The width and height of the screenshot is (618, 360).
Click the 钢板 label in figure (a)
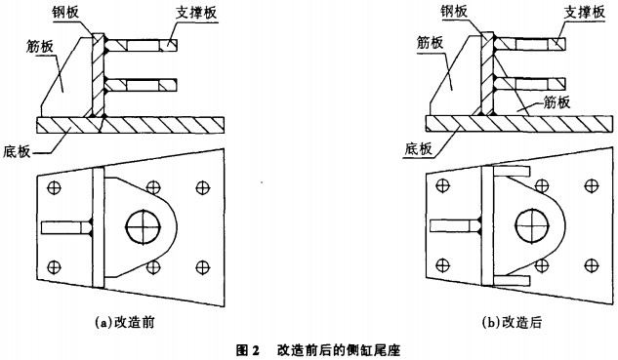(x=65, y=12)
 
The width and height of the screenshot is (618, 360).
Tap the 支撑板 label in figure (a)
(x=196, y=13)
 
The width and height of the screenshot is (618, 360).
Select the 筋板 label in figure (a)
(x=40, y=47)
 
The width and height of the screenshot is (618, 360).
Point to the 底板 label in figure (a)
(x=17, y=151)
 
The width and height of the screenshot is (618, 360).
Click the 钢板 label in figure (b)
(x=454, y=12)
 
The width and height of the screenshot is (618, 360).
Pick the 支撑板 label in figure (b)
(x=585, y=13)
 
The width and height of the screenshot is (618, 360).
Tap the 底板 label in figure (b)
(x=419, y=149)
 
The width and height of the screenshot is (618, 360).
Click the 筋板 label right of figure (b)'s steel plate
(x=556, y=102)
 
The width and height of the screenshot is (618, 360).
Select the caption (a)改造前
(x=125, y=322)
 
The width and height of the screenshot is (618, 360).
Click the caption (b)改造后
(x=512, y=322)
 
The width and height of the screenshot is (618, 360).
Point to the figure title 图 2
(x=248, y=350)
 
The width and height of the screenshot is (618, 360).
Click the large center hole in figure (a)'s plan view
(x=144, y=227)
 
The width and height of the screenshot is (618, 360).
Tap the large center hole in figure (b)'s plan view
(x=532, y=226)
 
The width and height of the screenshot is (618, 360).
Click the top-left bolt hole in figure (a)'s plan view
(x=54, y=187)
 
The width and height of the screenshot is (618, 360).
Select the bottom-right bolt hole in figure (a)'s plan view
(x=203, y=267)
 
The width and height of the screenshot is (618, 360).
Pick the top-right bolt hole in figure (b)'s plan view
(x=592, y=186)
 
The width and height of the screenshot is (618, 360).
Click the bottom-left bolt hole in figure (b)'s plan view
(x=443, y=265)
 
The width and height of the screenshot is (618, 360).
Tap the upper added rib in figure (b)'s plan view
(x=512, y=171)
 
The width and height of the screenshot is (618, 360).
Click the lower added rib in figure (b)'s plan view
(x=512, y=280)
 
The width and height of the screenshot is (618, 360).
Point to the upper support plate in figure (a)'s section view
(x=142, y=45)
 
